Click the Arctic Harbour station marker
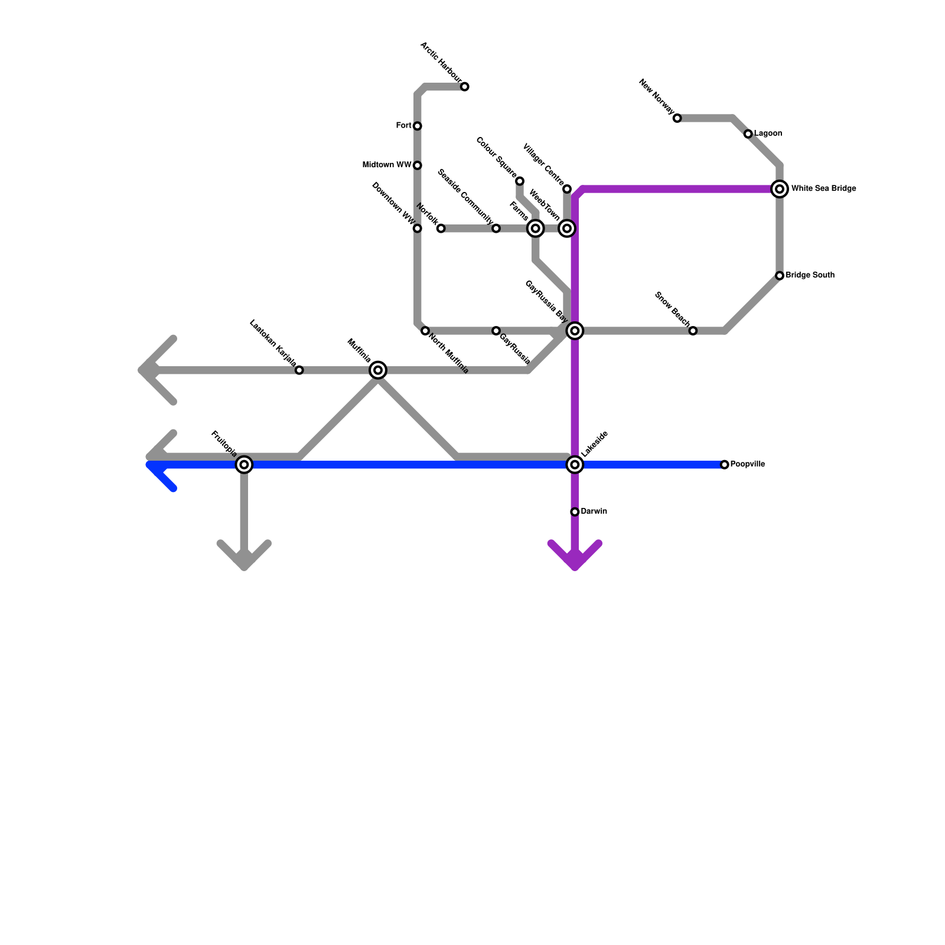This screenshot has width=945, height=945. [x=465, y=87]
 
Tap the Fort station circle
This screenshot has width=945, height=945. [x=418, y=126]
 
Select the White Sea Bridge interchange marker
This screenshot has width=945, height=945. [x=780, y=189]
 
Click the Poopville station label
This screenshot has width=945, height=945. [x=747, y=464]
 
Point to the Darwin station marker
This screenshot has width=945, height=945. [x=575, y=511]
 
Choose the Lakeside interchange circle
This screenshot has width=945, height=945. [x=575, y=465]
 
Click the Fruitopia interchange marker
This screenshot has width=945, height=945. [x=244, y=465]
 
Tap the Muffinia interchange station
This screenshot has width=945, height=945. [x=378, y=370]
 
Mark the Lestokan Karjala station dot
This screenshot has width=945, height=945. [x=299, y=370]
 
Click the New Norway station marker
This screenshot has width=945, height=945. [x=677, y=118]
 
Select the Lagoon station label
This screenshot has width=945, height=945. [x=768, y=133]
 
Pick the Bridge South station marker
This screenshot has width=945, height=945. [x=780, y=276]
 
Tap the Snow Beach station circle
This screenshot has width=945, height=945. [x=693, y=331]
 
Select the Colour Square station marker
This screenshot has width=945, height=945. [x=520, y=181]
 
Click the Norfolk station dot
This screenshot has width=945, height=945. [x=441, y=229]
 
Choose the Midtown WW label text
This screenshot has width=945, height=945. [x=387, y=165]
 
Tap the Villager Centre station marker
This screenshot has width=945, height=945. [x=567, y=189]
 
